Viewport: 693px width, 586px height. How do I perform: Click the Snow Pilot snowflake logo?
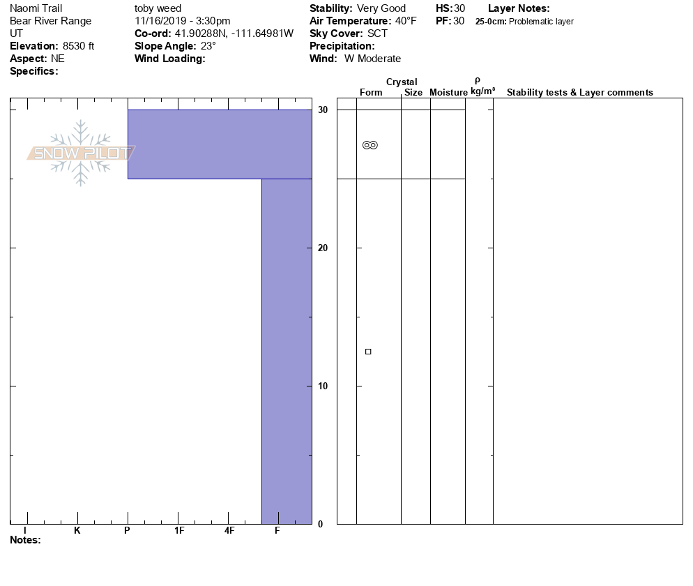(82, 153)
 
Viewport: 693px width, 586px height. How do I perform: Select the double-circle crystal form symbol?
(370, 145)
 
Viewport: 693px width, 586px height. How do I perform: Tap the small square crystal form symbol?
(368, 352)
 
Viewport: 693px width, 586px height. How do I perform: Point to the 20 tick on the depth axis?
(323, 248)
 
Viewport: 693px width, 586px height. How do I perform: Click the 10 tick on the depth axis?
(323, 386)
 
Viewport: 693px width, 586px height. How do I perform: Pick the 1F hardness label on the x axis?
(179, 531)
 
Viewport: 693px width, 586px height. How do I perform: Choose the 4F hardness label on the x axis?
(229, 531)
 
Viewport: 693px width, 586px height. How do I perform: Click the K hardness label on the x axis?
(77, 531)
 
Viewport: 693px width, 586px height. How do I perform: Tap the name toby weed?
(158, 8)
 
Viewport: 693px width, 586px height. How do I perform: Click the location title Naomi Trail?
(36, 8)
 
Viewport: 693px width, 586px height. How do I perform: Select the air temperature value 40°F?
(406, 21)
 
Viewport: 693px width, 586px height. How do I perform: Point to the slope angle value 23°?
(208, 46)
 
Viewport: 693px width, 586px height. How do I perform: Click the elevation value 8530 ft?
(79, 46)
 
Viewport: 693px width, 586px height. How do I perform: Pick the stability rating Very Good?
(381, 8)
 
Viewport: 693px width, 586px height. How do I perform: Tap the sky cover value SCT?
(377, 33)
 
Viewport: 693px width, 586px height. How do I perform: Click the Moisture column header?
(448, 93)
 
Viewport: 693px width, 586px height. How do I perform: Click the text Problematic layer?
(542, 22)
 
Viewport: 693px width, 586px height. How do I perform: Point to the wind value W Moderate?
(373, 59)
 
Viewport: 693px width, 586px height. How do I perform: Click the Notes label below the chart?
(25, 540)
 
